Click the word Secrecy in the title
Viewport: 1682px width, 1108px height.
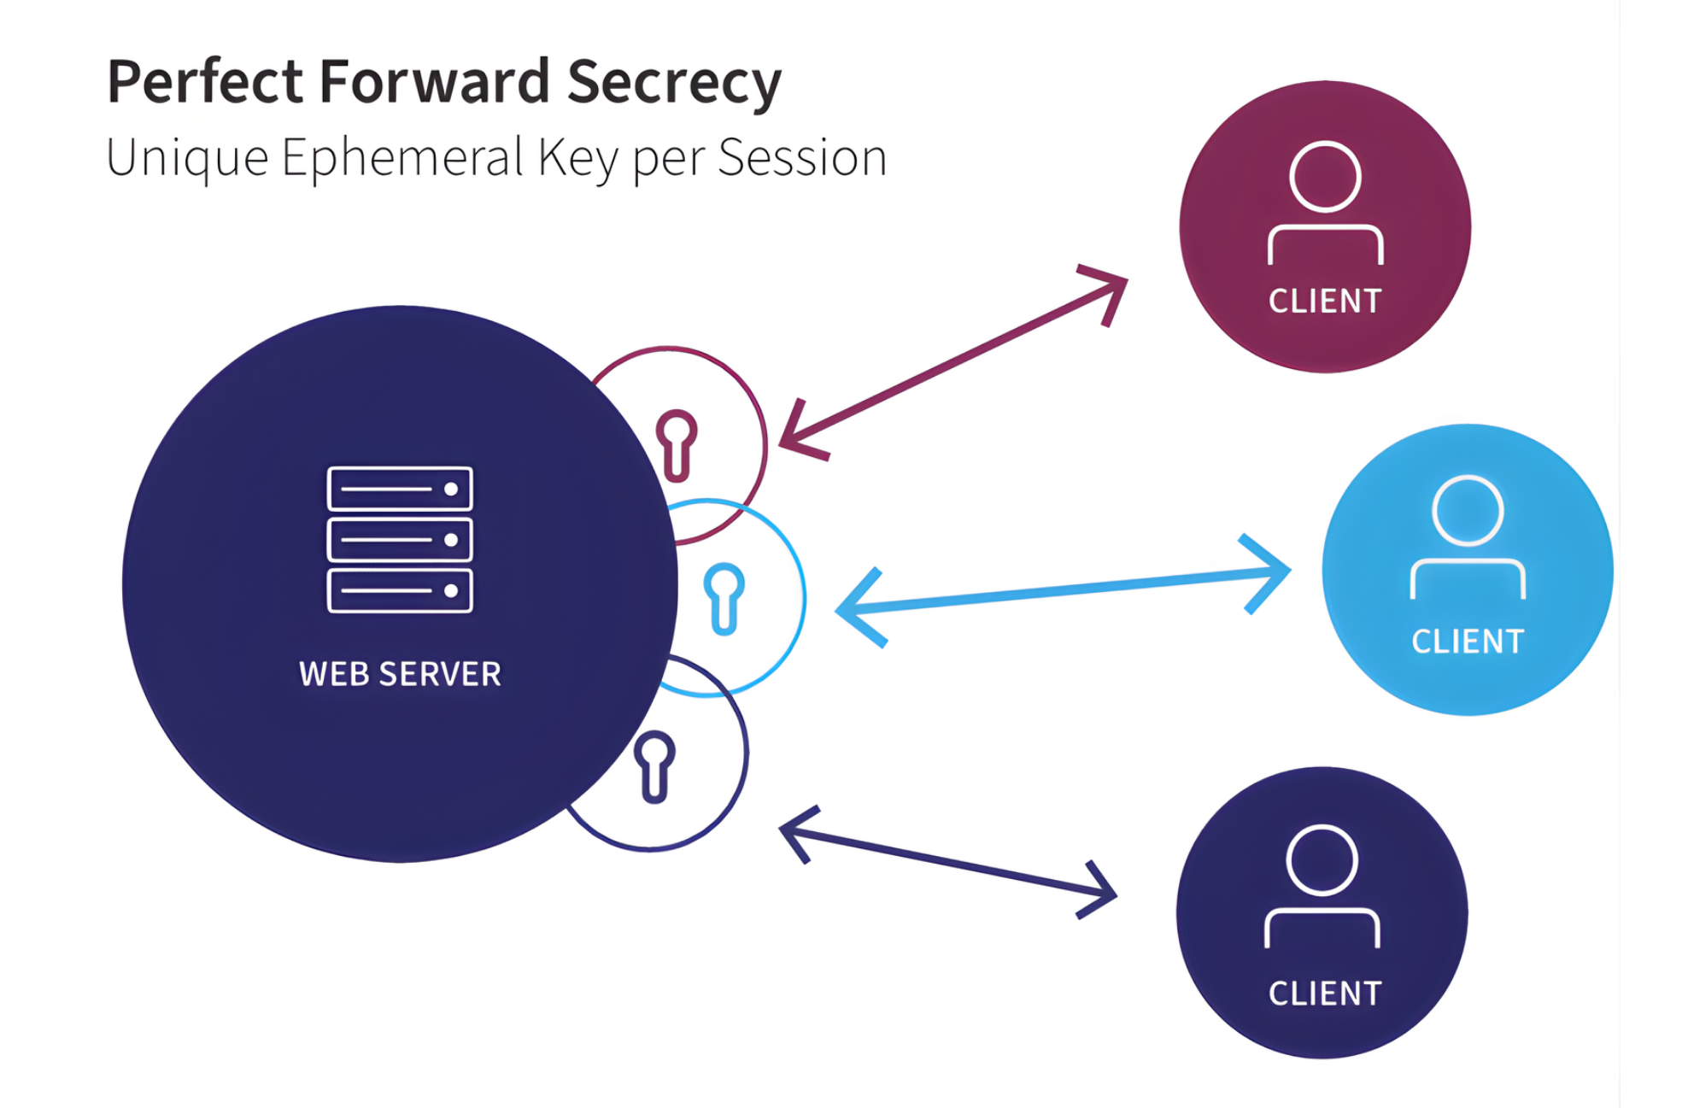pos(674,83)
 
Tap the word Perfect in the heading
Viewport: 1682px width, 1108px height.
pos(205,81)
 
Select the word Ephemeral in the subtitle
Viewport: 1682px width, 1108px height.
pos(401,158)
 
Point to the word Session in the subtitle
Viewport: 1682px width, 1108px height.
pos(802,158)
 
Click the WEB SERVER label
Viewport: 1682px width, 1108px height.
pos(400,674)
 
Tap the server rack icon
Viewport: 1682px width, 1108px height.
pos(400,539)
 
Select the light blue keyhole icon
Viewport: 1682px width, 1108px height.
pos(724,599)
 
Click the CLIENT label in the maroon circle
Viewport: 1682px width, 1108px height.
pos(1324,302)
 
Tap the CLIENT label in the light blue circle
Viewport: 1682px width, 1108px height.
pos(1467,642)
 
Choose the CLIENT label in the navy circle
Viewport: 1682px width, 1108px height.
pos(1324,994)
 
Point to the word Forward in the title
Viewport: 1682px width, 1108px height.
pos(434,81)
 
